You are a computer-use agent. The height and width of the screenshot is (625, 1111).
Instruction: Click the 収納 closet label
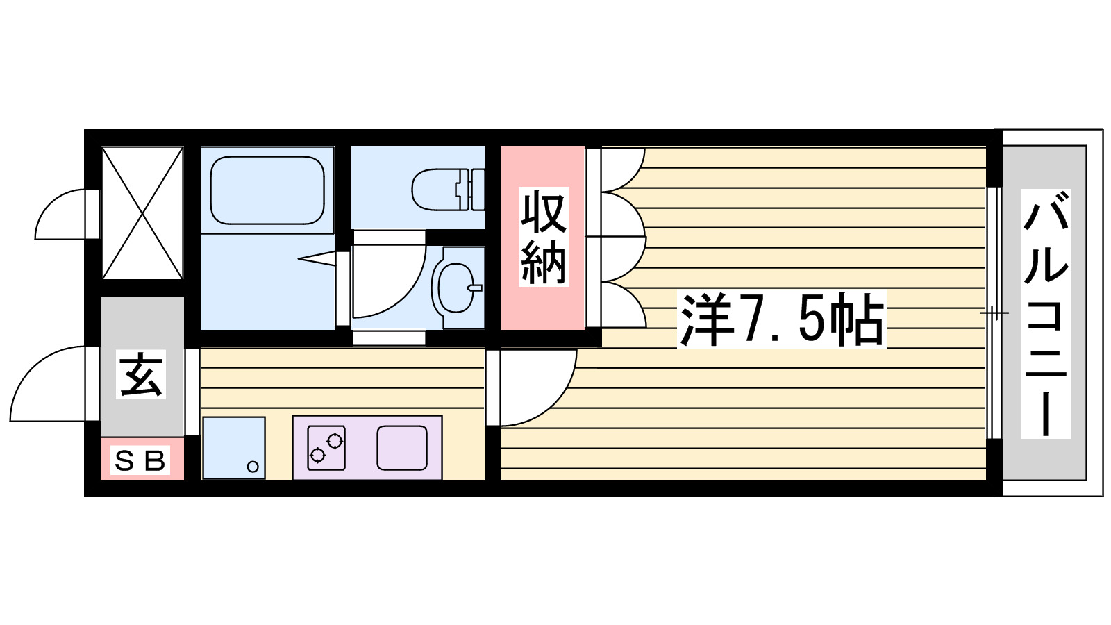coord(544,237)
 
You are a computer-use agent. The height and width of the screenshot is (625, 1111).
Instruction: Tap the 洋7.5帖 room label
coord(782,320)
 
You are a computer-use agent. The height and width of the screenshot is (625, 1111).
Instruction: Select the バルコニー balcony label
coord(1045,313)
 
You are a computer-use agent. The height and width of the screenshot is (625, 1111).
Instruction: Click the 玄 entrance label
coord(142,374)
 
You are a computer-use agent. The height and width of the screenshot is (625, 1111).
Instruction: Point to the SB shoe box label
coord(141,460)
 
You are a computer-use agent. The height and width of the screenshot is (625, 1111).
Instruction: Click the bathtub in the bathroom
coord(267,190)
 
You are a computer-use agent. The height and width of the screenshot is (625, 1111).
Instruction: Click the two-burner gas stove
coord(326,447)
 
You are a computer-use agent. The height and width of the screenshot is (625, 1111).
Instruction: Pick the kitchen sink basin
coord(401,448)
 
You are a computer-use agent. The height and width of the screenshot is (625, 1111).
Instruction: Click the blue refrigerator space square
coord(233,448)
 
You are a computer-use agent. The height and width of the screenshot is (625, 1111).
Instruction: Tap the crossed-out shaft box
coord(142,212)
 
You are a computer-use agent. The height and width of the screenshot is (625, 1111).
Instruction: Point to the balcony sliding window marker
coord(994,313)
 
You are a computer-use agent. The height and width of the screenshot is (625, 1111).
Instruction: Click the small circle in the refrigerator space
coord(253,467)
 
